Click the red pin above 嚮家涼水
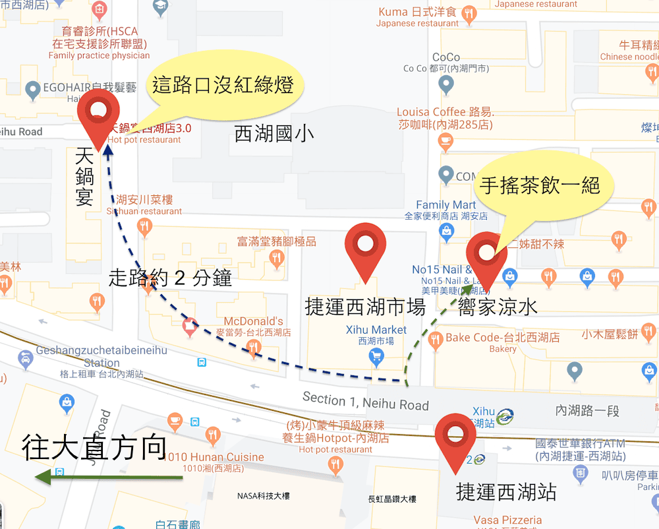(x=486, y=254)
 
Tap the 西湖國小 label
(x=274, y=134)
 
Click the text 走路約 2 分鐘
(x=170, y=278)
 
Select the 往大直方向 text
(x=94, y=447)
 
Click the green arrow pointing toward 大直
(x=109, y=477)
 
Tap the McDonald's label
(x=254, y=321)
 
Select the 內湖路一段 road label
(x=587, y=410)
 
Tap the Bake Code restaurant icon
(x=435, y=340)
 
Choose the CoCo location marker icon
(x=446, y=84)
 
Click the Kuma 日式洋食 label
(x=417, y=12)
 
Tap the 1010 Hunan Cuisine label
(x=214, y=457)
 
